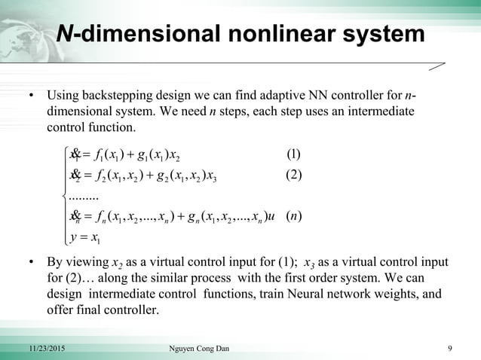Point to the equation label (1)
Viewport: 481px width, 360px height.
[294, 156]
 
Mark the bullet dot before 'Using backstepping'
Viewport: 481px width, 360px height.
[32, 97]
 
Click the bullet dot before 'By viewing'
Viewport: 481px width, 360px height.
[32, 264]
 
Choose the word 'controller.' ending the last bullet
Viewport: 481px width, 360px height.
[130, 308]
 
